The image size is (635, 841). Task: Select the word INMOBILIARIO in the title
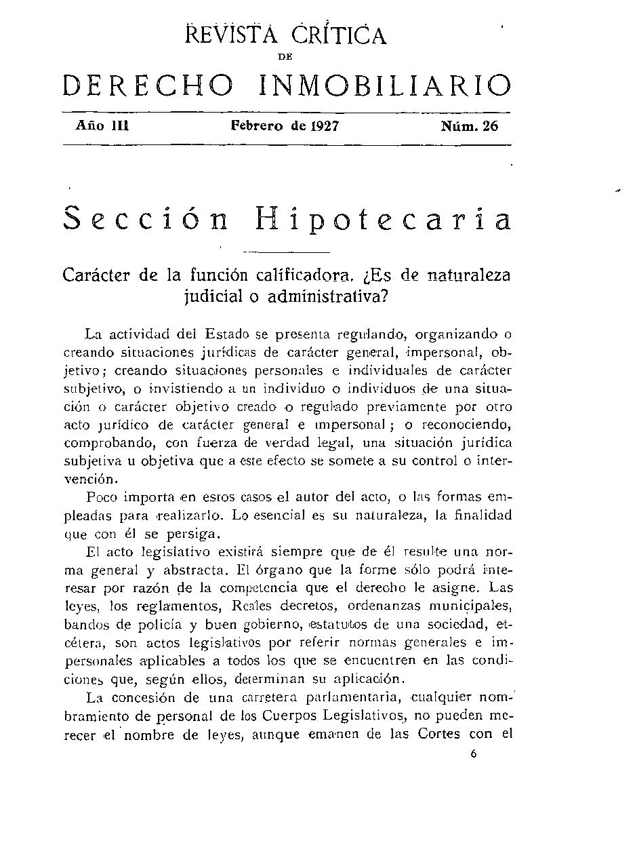[x=384, y=86]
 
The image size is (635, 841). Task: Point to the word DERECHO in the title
[x=148, y=86]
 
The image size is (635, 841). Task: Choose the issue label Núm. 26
[x=469, y=126]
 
